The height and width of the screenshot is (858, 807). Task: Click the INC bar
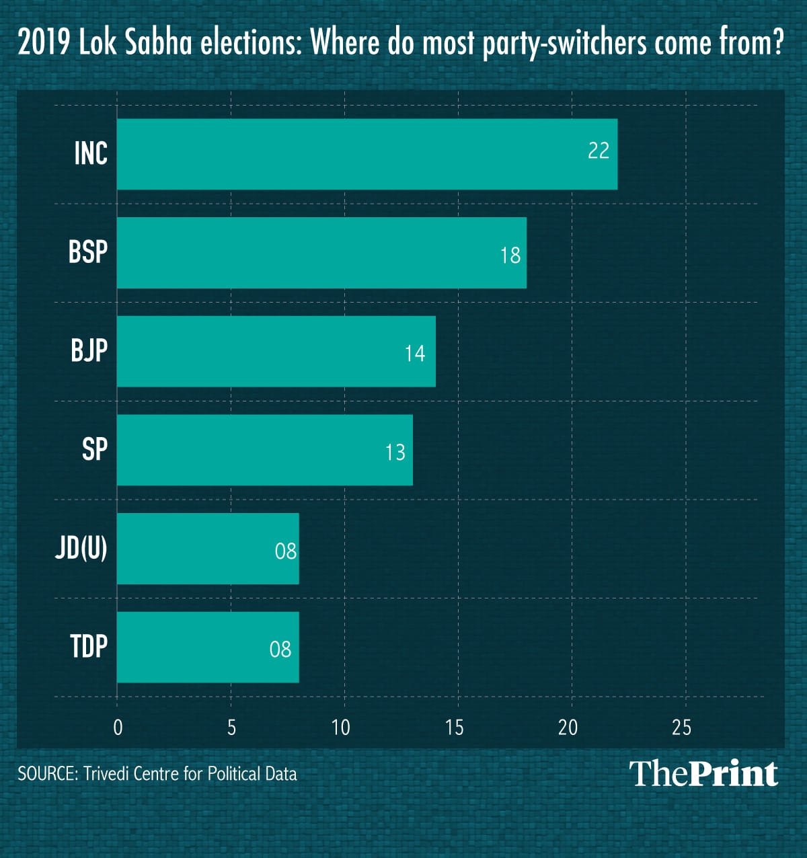pos(367,154)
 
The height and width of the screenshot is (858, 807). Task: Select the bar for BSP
pos(321,253)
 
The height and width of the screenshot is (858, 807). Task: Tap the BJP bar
pos(276,351)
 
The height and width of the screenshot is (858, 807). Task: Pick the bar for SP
pos(264,450)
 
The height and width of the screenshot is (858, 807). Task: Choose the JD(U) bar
pos(208,549)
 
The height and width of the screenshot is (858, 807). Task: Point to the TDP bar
pos(208,647)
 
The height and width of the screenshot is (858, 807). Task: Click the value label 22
pos(598,151)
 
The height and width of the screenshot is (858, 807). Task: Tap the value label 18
pos(510,256)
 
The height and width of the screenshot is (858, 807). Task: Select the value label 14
pos(415,354)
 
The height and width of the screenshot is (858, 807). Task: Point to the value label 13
pos(395,453)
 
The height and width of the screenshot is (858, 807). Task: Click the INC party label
pos(91,154)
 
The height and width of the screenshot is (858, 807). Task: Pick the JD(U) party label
pos(81,549)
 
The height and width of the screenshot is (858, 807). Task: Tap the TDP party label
pos(89,647)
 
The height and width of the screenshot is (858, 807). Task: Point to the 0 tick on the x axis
pos(118,728)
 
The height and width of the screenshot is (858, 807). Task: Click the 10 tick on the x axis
pos(341,728)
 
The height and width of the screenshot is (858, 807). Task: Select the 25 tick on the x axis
pos(681,728)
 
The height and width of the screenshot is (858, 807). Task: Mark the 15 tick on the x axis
pos(455,728)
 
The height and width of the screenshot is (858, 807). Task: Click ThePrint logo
pos(703,774)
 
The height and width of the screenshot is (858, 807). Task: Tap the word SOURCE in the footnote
pos(46,774)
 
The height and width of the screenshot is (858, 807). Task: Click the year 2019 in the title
pos(44,43)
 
